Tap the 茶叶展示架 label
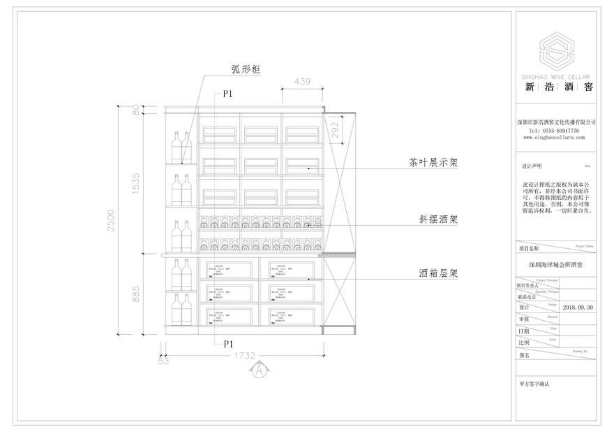[433, 164]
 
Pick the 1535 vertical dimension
[137, 183]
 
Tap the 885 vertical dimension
[137, 293]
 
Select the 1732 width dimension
[243, 355]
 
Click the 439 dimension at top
[302, 82]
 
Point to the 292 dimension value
[337, 130]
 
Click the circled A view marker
[259, 368]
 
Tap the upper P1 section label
[227, 93]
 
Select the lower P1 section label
[227, 343]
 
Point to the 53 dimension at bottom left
[163, 361]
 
